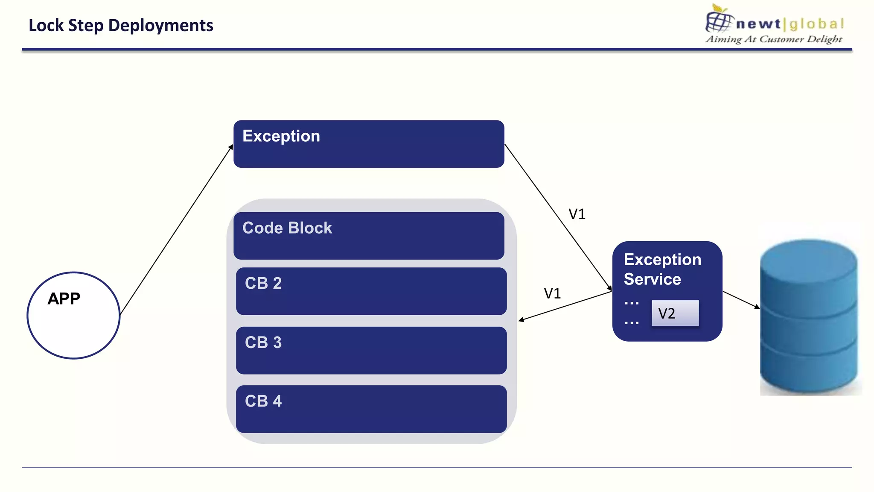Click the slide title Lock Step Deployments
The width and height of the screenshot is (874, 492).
pyautogui.click(x=121, y=25)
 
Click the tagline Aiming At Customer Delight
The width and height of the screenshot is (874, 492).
pyautogui.click(x=774, y=39)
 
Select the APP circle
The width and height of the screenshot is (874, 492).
pyautogui.click(x=73, y=315)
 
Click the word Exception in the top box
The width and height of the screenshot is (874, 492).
pyautogui.click(x=281, y=136)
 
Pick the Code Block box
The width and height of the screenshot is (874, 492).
pyautogui.click(x=369, y=236)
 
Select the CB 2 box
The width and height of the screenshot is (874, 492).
pyautogui.click(x=371, y=291)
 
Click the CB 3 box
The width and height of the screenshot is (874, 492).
pyautogui.click(x=371, y=350)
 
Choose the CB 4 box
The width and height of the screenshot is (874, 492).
pyautogui.click(x=371, y=409)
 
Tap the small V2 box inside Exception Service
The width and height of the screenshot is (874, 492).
pyautogui.click(x=675, y=313)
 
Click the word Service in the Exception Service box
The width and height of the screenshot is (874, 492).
pyautogui.click(x=652, y=279)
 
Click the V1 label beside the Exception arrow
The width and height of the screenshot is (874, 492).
pyautogui.click(x=577, y=214)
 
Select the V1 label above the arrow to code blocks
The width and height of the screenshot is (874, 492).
pyautogui.click(x=552, y=293)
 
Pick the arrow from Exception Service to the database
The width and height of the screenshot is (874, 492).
pyautogui.click(x=740, y=299)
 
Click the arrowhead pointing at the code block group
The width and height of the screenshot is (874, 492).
pyautogui.click(x=521, y=319)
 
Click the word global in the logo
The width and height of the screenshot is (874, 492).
pyautogui.click(x=816, y=24)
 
